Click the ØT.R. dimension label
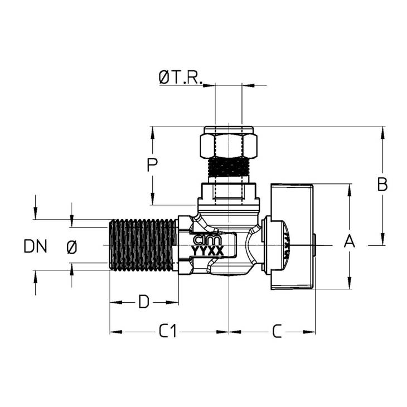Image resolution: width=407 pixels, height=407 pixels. [x=181, y=78]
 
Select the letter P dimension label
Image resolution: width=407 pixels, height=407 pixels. [x=152, y=165]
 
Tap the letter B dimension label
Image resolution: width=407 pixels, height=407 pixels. [x=382, y=185]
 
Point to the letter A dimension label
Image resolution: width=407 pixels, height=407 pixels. [x=350, y=241]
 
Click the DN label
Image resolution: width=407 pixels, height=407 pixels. [x=35, y=246]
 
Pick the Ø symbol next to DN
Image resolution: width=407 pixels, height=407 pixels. [x=72, y=247]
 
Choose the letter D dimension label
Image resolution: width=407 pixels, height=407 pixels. [x=144, y=302]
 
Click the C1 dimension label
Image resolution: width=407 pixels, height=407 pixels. [x=168, y=331]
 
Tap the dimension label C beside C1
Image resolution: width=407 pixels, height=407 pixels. [x=277, y=331]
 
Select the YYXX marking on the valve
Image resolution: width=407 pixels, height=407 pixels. [x=207, y=251]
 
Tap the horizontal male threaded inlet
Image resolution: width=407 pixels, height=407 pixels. [x=143, y=245]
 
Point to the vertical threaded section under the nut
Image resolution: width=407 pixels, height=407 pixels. [x=229, y=167]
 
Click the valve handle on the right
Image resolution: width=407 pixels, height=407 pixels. [x=292, y=236]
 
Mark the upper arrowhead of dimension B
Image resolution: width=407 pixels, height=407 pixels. [x=382, y=132]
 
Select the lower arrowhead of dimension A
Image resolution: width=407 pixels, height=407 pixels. [x=350, y=283]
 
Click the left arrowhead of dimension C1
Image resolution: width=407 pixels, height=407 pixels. [x=116, y=332]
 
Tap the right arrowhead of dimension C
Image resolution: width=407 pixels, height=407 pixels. [x=309, y=332]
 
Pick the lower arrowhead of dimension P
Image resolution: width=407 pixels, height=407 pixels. [x=152, y=199]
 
